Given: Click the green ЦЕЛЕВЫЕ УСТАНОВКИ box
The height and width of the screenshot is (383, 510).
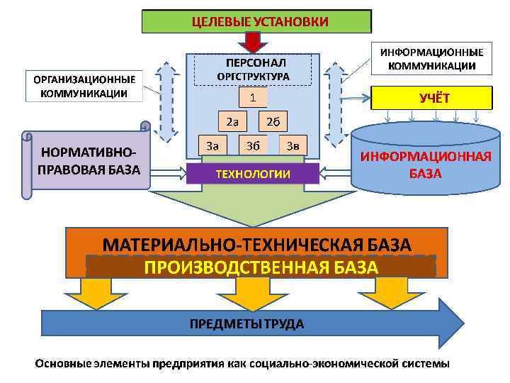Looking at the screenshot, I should (257, 21).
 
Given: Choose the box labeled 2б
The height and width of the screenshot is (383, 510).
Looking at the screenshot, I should (273, 121).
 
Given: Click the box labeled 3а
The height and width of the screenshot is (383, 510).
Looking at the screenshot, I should (212, 146).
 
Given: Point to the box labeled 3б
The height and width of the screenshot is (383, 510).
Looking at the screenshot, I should (253, 146).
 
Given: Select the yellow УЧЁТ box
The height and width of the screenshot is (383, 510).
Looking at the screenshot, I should (432, 99).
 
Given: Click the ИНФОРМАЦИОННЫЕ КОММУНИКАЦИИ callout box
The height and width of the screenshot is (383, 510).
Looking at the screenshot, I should (432, 59).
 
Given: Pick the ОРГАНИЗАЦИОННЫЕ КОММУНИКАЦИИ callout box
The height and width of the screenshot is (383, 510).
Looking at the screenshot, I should (83, 86).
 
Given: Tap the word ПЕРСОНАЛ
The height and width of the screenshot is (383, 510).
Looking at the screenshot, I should (253, 62).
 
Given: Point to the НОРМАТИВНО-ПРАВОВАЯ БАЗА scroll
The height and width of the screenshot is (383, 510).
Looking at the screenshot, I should (89, 160).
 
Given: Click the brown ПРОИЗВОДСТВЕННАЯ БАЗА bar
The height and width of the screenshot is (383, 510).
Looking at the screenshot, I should (261, 267).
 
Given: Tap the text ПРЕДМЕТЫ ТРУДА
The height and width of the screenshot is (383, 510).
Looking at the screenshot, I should (246, 324).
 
